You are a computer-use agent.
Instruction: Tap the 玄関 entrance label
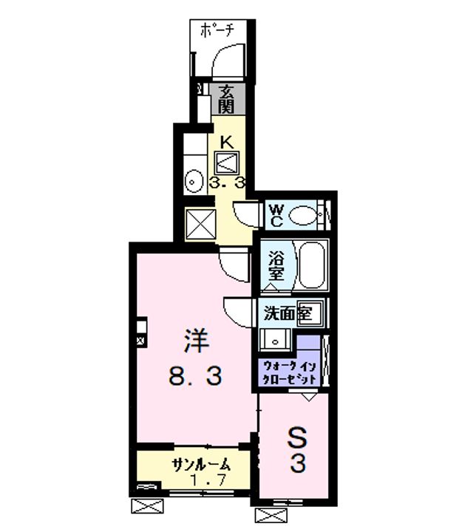(x=226, y=100)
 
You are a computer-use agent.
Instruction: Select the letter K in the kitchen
(x=227, y=142)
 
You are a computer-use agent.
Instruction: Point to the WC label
(x=275, y=215)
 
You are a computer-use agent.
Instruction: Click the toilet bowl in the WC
(x=303, y=216)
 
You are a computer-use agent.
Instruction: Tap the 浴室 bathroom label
(x=276, y=266)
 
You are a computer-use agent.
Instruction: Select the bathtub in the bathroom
(x=311, y=265)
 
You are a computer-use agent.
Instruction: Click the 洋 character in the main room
(x=197, y=344)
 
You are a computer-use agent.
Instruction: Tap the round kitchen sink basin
(x=194, y=180)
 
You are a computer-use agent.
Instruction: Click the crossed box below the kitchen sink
(x=199, y=223)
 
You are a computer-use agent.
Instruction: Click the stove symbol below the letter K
(x=227, y=162)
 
